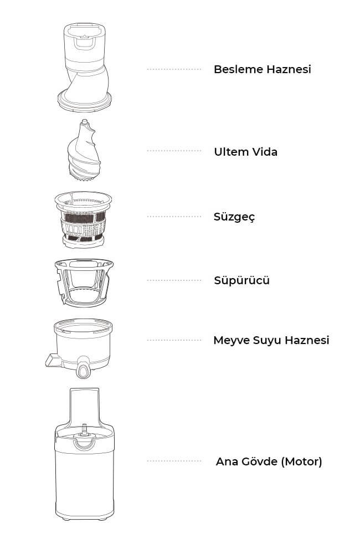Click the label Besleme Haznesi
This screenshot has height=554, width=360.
click(262, 69)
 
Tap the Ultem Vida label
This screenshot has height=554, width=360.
click(245, 152)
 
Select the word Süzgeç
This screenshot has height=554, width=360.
click(234, 217)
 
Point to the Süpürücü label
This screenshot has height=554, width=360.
click(241, 280)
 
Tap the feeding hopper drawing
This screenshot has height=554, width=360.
click(85, 67)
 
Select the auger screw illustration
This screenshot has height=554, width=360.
click(84, 151)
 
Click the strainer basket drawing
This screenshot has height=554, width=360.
click(84, 219)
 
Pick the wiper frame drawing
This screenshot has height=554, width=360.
click(84, 283)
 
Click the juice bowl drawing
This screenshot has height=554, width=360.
click(80, 348)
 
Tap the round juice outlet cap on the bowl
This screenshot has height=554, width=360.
click(84, 371)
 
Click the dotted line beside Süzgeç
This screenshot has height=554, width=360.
click(174, 217)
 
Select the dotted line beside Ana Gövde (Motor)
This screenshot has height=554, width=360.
click(174, 461)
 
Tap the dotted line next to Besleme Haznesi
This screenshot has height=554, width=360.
click(174, 69)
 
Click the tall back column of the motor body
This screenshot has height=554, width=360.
click(84, 406)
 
